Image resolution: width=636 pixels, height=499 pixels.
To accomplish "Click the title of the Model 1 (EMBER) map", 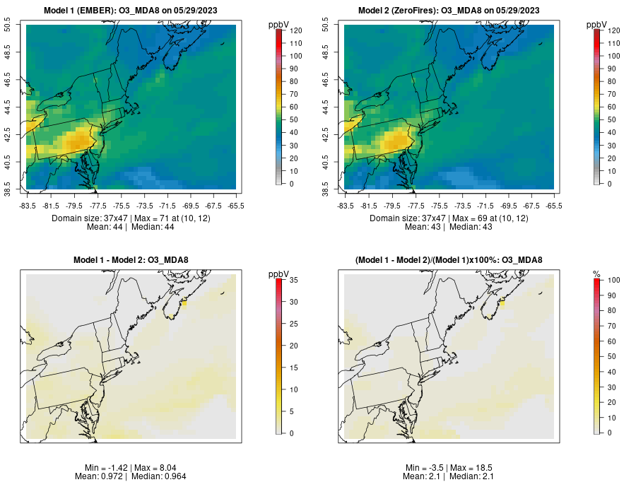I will click(131, 11).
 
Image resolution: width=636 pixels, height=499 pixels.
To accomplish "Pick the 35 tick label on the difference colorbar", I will click(293, 281).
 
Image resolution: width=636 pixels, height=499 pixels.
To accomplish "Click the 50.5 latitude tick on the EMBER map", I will click(8, 25).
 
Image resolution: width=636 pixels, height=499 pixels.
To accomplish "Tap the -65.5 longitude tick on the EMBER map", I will click(237, 206).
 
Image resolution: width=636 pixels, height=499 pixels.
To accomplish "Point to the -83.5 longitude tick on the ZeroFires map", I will click(345, 206).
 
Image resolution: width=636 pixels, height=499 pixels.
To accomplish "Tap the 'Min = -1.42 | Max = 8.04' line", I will click(131, 468).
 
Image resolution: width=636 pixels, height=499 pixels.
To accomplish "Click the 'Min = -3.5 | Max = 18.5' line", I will click(449, 468).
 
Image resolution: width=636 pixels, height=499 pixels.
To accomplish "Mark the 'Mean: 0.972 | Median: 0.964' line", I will click(131, 477).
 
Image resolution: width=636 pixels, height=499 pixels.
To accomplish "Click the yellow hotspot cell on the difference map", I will click(183, 303).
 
